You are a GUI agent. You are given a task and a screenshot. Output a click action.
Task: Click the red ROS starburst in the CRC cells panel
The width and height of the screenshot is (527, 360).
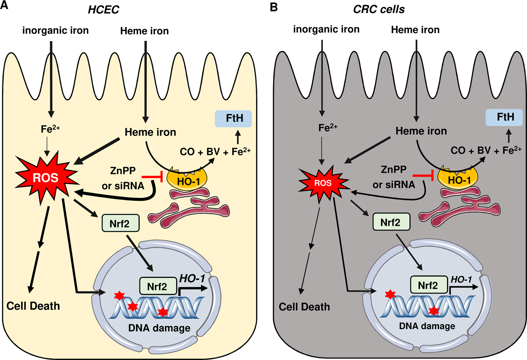click(x=323, y=183)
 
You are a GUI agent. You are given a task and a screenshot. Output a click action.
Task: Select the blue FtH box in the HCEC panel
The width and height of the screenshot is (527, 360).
click(x=234, y=118)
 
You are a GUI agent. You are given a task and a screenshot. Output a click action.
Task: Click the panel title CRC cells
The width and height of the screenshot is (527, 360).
click(x=379, y=9)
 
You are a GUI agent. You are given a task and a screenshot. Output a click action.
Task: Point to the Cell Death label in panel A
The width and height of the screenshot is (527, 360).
click(x=33, y=306)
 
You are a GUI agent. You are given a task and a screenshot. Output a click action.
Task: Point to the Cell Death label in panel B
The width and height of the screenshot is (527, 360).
click(x=304, y=306)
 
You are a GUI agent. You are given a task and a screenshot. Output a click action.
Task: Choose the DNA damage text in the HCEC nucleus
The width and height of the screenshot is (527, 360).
click(x=159, y=328)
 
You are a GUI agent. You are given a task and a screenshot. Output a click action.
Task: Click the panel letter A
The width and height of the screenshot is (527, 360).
click(x=5, y=7)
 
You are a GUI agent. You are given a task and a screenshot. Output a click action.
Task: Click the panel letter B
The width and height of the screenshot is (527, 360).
click(x=274, y=7)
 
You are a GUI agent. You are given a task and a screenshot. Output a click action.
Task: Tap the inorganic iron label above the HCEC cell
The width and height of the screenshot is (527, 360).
click(x=56, y=30)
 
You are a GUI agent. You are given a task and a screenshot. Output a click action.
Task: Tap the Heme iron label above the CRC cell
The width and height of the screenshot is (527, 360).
click(x=415, y=30)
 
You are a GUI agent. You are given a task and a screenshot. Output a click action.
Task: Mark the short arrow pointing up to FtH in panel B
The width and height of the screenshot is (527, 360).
click(x=509, y=136)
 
